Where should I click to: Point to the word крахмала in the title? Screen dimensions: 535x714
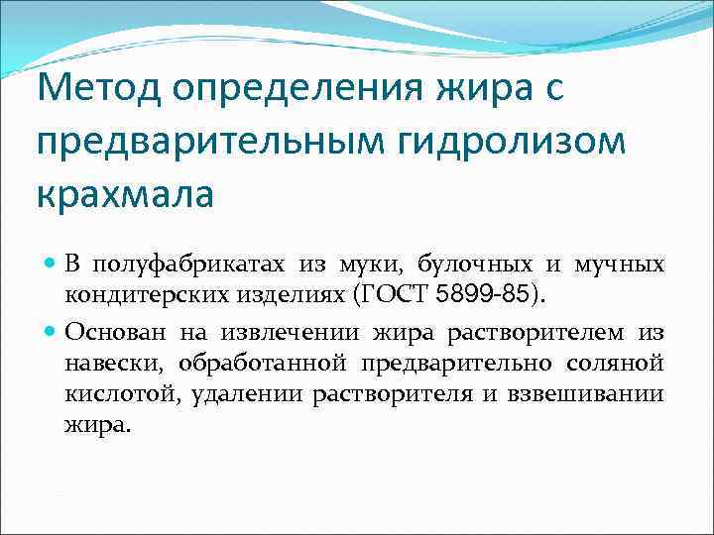tap(125, 192)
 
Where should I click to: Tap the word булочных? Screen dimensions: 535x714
tap(470, 265)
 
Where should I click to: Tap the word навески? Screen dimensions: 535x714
tap(104, 365)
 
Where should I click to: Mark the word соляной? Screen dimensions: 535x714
tap(621, 365)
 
